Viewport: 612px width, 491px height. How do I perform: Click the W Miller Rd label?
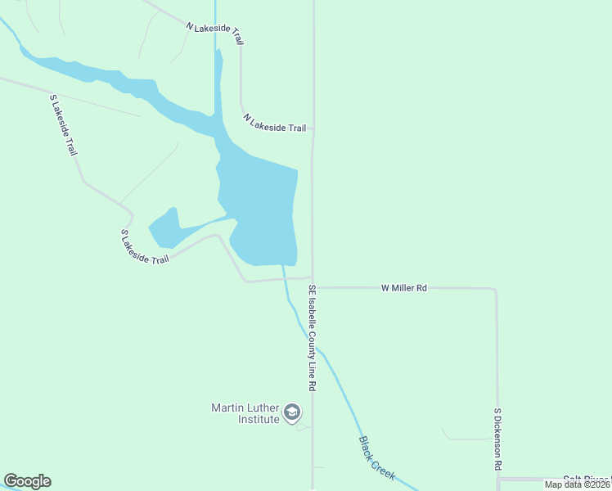[x=404, y=288]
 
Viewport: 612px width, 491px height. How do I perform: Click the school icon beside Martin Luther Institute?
[x=293, y=412]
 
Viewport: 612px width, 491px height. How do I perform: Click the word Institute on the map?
[x=259, y=419]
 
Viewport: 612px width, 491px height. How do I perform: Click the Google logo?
[x=27, y=481]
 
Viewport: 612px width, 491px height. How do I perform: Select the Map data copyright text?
[x=577, y=484]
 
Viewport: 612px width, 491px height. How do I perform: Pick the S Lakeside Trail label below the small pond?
[x=145, y=246]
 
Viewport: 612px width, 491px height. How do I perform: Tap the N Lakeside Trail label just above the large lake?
[x=275, y=123]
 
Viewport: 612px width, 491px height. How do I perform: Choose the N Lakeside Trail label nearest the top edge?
[x=215, y=33]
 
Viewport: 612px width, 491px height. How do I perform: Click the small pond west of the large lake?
[x=164, y=228]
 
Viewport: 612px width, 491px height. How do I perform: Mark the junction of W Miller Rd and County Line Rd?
[x=313, y=287]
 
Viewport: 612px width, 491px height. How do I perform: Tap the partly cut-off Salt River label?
[x=586, y=479]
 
